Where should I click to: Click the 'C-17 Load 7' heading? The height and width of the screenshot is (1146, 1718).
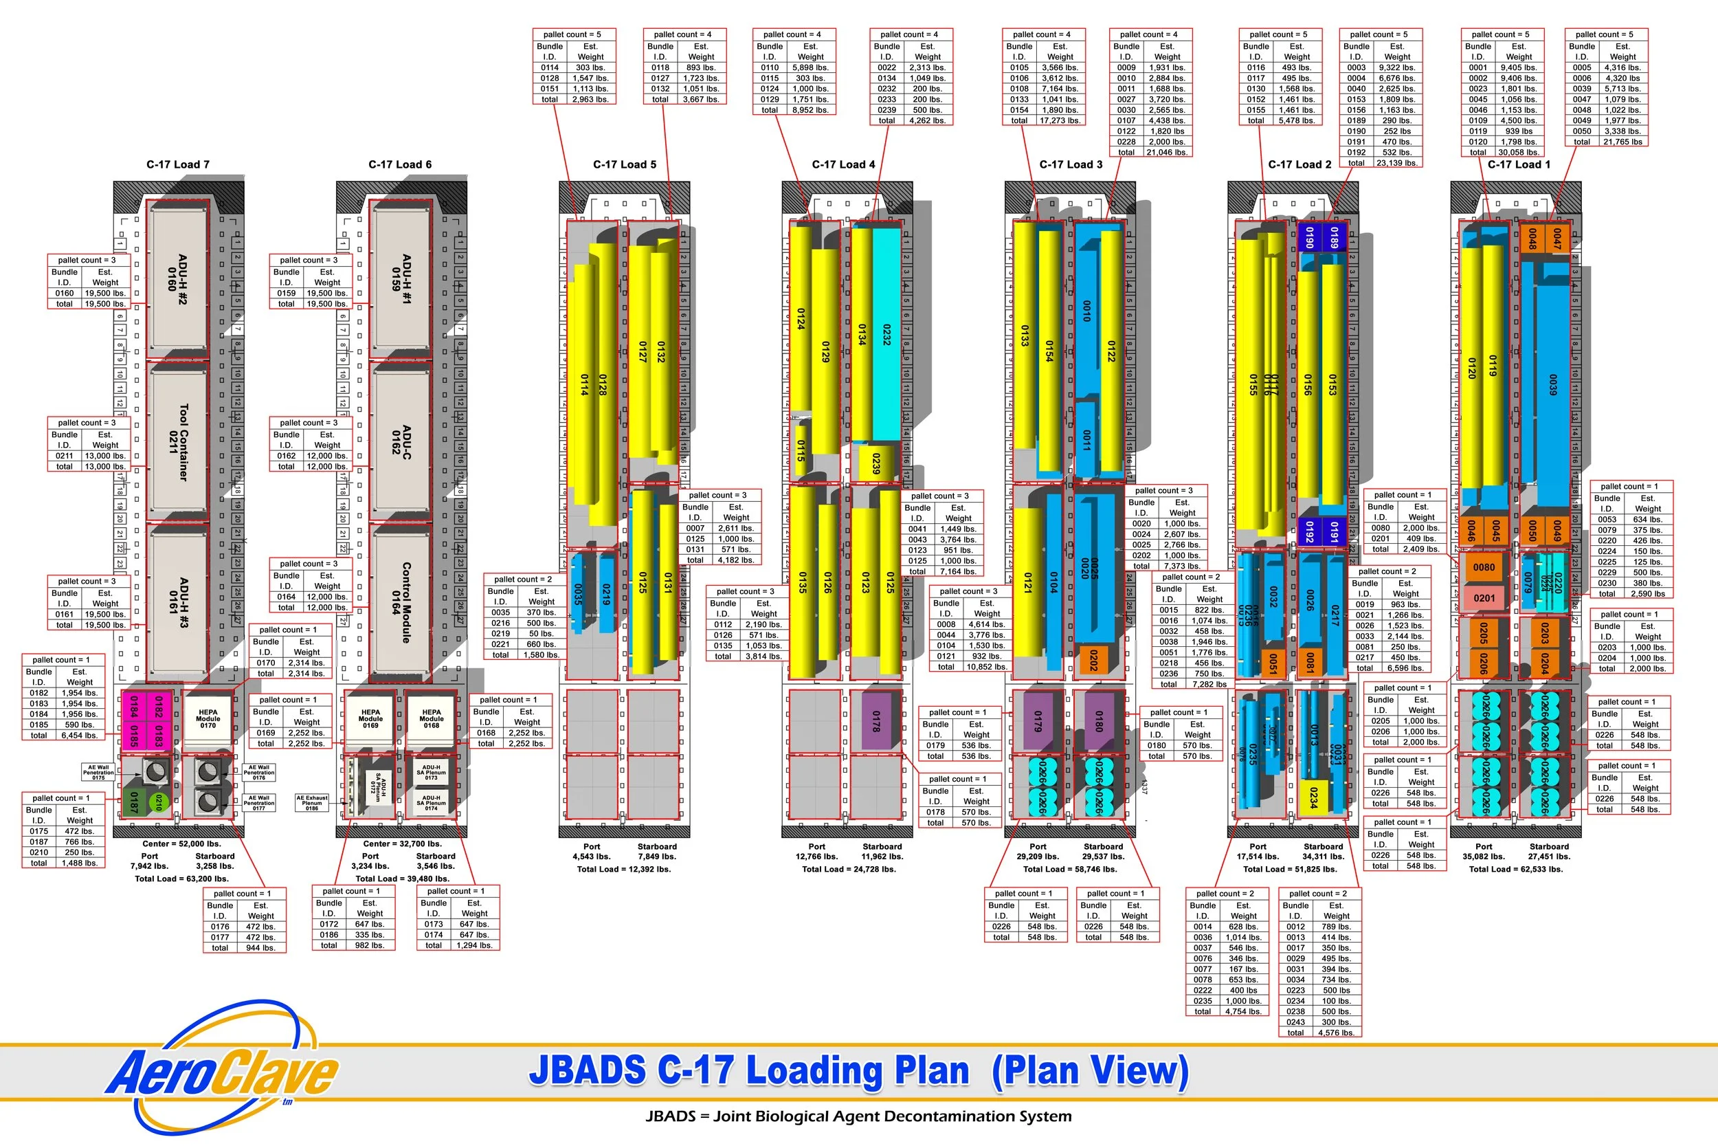pos(177,164)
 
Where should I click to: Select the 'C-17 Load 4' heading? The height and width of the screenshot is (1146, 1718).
pos(843,164)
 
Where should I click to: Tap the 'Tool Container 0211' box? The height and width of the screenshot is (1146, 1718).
pos(177,442)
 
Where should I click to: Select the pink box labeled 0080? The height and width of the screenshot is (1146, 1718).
pos(1484,566)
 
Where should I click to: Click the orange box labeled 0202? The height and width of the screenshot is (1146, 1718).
pos(1093,659)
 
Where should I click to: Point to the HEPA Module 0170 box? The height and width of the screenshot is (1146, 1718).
pos(208,719)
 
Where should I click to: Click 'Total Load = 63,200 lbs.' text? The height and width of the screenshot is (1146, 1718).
pos(181,879)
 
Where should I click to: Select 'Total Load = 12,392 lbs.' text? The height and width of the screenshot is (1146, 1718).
pos(624,869)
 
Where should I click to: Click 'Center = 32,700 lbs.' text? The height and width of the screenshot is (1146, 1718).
pos(402,844)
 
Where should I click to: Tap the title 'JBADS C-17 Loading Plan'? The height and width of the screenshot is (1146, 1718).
pos(748,1070)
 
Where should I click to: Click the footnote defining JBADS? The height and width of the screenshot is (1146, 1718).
pos(858,1116)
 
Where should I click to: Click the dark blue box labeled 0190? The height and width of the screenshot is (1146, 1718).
pos(1310,238)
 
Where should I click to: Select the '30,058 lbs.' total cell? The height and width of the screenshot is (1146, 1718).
pos(1519,152)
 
